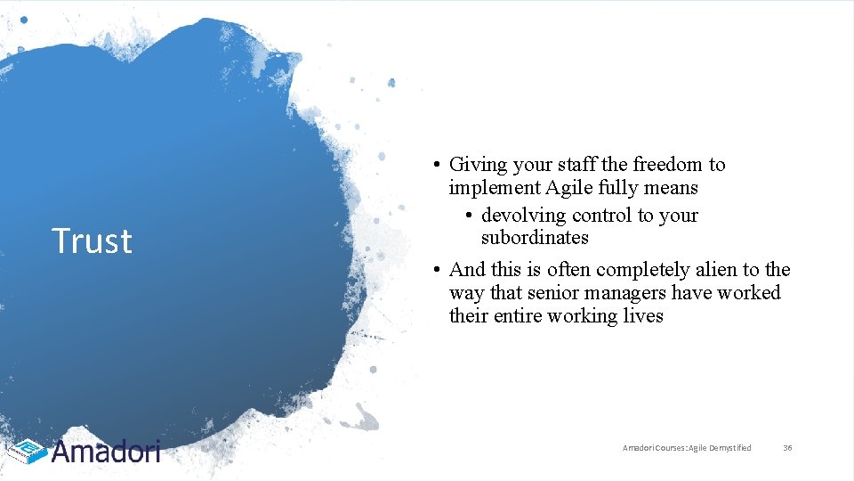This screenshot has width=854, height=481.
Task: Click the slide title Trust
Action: (92, 241)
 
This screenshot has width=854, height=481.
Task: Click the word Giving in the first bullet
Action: (477, 165)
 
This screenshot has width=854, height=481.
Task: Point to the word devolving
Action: (524, 216)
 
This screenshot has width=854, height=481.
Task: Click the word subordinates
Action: (535, 238)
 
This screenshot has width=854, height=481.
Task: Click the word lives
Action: (645, 316)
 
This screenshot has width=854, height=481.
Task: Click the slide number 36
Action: (787, 448)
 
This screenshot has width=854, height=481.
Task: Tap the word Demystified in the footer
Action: (729, 448)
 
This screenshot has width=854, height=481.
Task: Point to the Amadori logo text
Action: (106, 452)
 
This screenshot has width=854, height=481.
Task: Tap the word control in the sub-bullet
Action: (600, 216)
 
